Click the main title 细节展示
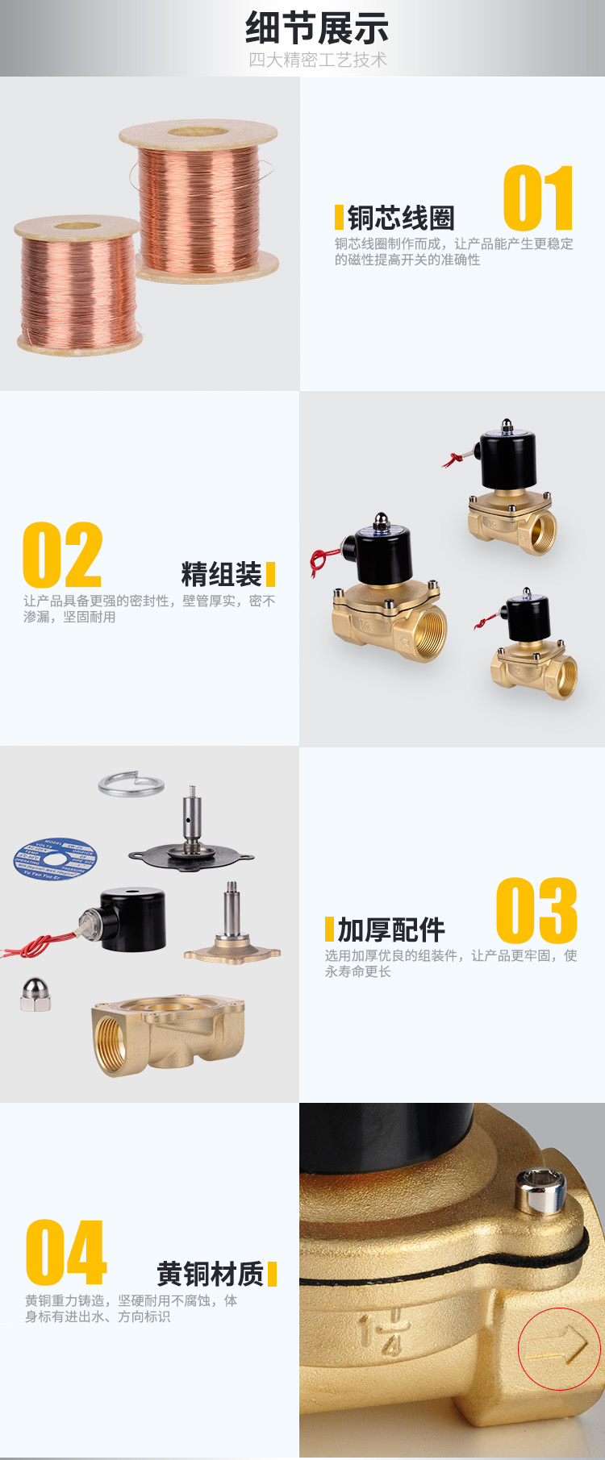[x=317, y=28]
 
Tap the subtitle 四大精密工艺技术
[x=317, y=60]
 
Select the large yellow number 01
[x=538, y=198]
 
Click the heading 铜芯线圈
[x=401, y=218]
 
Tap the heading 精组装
[x=221, y=574]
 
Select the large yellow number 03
[x=536, y=910]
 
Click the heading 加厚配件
[x=391, y=930]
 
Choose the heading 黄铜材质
[x=210, y=1274]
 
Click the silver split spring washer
[x=131, y=784]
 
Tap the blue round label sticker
[x=55, y=859]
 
